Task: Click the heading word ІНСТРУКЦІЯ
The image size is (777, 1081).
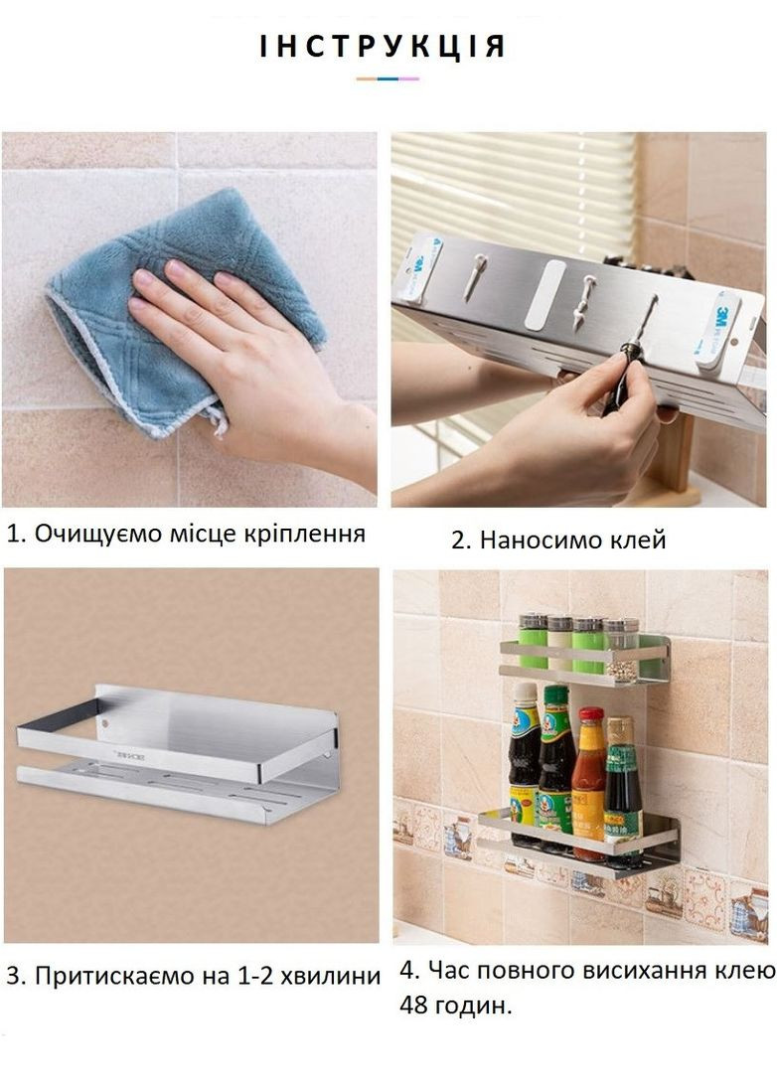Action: [384, 47]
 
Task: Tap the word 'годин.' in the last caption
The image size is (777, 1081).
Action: [477, 1005]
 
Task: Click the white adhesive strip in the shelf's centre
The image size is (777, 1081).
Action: [544, 294]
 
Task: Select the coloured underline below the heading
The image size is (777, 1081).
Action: [388, 78]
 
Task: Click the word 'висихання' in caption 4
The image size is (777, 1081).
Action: [617, 971]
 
